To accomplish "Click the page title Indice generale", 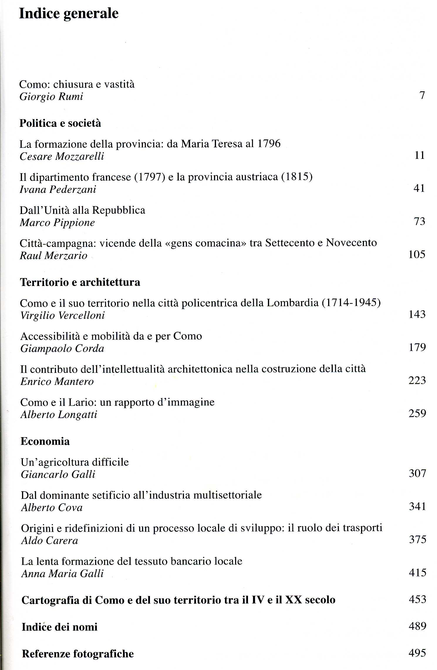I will tap(69, 14).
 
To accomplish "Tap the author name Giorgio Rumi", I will tap(51, 97).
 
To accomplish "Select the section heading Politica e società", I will tap(60, 123).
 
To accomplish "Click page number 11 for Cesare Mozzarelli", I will tap(420, 155).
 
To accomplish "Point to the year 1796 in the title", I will tap(269, 144).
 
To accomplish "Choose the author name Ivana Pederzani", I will tap(58, 189).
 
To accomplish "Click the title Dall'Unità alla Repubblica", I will tap(82, 210).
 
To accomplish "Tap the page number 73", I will tap(419, 221).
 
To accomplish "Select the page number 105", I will tap(417, 254).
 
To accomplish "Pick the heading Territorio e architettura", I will tap(80, 282).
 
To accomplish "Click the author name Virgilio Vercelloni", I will tap(63, 316).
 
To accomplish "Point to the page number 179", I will tap(417, 348).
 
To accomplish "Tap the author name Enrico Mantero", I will tap(57, 382).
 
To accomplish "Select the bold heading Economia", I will tap(45, 442).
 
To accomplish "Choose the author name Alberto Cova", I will tap(52, 508).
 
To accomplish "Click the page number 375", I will tap(417, 539).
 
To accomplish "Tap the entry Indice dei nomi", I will tap(60, 627).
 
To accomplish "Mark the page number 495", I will tap(417, 653).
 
